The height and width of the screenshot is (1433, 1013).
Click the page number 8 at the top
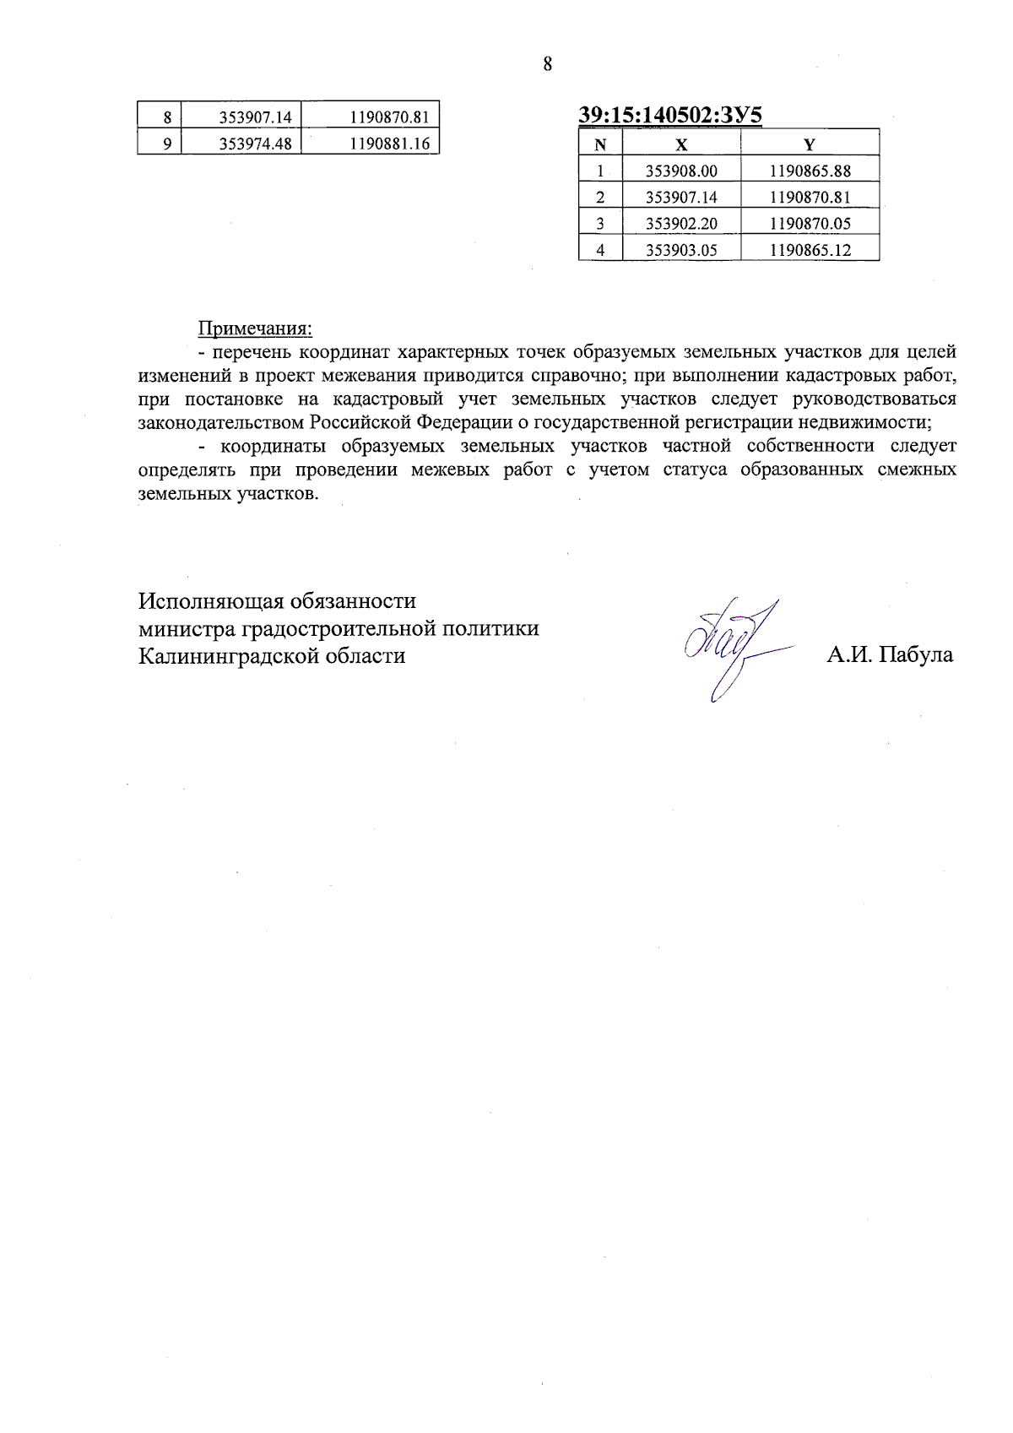click(547, 64)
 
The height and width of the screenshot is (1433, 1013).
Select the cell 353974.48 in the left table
click(255, 144)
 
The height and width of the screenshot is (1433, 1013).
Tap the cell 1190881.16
click(389, 144)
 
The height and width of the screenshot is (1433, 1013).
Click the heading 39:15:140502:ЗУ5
click(670, 116)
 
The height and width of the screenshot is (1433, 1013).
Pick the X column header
click(681, 144)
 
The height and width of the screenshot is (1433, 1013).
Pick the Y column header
click(809, 144)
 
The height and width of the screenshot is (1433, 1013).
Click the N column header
click(600, 144)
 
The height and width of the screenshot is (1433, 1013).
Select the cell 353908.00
click(681, 171)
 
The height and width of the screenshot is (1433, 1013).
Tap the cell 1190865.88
click(810, 171)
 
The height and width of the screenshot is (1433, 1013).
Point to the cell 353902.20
click(681, 224)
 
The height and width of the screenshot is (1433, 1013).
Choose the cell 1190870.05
click(810, 224)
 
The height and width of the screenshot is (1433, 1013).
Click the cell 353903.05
click(681, 250)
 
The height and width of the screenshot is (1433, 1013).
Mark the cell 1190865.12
click(810, 250)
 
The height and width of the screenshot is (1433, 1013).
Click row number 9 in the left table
click(167, 144)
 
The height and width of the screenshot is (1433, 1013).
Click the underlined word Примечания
click(255, 328)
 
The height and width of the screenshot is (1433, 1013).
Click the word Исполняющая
click(211, 601)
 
